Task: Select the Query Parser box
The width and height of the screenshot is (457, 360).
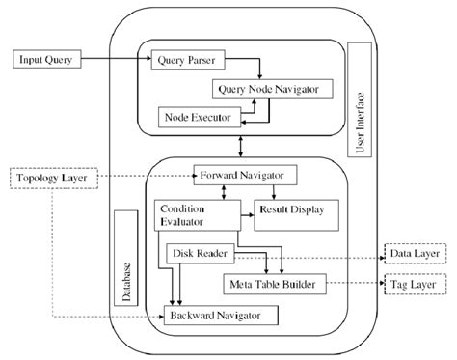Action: point(187,61)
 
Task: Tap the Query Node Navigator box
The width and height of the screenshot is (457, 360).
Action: point(267,89)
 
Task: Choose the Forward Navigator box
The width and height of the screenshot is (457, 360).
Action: point(244,177)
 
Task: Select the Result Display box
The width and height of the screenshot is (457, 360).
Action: point(289,209)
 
